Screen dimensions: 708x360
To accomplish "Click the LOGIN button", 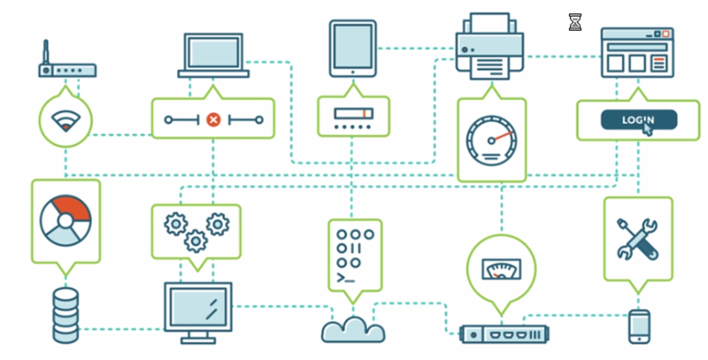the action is (x=638, y=120).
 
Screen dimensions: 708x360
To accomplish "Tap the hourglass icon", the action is (x=574, y=22).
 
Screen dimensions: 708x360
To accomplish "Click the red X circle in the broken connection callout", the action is (x=213, y=119).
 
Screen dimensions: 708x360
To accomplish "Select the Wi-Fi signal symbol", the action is (x=65, y=121).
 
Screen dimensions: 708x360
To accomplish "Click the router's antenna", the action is (x=45, y=53).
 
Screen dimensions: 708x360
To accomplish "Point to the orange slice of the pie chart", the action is (x=73, y=207).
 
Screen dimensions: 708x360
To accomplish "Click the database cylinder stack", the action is (x=65, y=316).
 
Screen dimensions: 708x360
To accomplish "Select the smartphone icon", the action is (x=639, y=326).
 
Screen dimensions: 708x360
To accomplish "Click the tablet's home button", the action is (x=353, y=72).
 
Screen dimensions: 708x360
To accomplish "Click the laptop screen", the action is (x=213, y=52).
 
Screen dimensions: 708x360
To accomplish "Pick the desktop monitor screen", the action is (x=197, y=306).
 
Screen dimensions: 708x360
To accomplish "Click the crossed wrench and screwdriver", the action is (x=637, y=239).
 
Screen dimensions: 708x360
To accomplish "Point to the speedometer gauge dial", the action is (x=491, y=141).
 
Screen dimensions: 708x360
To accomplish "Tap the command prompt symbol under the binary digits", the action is (x=345, y=278).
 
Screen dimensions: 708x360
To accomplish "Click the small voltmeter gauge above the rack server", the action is (x=501, y=269).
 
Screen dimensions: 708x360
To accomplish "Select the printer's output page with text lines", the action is (x=490, y=68).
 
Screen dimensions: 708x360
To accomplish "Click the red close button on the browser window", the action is (x=666, y=34).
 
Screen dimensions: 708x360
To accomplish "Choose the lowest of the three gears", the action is (x=196, y=241).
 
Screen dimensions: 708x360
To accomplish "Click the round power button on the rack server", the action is (x=473, y=335).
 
